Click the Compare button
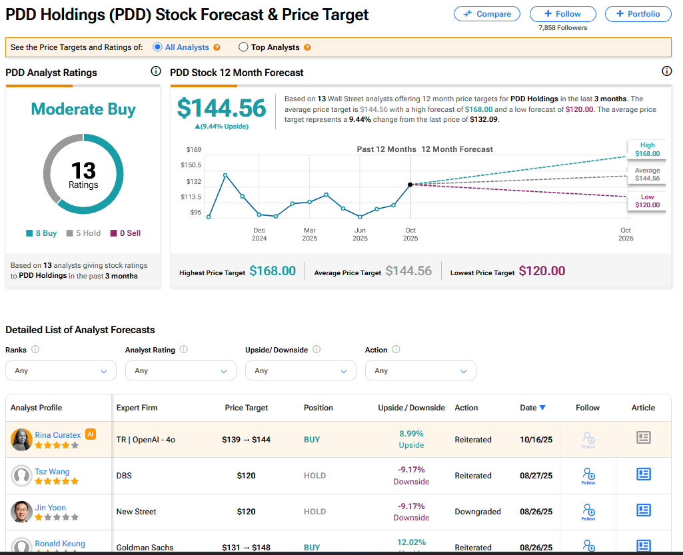[x=488, y=14]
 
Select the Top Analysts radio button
[x=243, y=47]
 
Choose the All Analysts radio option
[x=157, y=47]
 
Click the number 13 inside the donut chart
[x=83, y=171]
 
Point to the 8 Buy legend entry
[x=41, y=233]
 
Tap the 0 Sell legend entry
[x=125, y=233]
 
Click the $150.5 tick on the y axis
[x=191, y=165]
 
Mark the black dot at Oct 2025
[x=410, y=185]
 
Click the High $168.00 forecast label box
[x=647, y=149]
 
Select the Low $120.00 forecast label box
[x=647, y=201]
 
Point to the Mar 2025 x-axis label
[x=310, y=234]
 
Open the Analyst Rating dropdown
[x=180, y=370]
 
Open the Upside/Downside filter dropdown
[x=300, y=370]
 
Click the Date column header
[x=532, y=408]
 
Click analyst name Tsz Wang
[x=52, y=472]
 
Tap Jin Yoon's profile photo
[x=21, y=512]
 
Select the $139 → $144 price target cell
[x=246, y=440]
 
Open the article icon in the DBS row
[x=643, y=474]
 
